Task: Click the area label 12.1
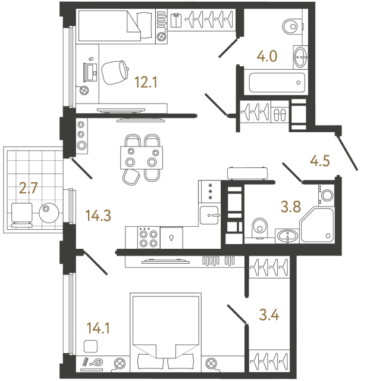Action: tap(146, 83)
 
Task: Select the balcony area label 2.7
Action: tap(29, 189)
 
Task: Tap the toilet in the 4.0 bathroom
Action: tap(291, 27)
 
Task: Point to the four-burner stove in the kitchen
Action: tap(148, 238)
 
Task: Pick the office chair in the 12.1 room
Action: tap(115, 73)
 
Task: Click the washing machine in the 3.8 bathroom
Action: tap(328, 195)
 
